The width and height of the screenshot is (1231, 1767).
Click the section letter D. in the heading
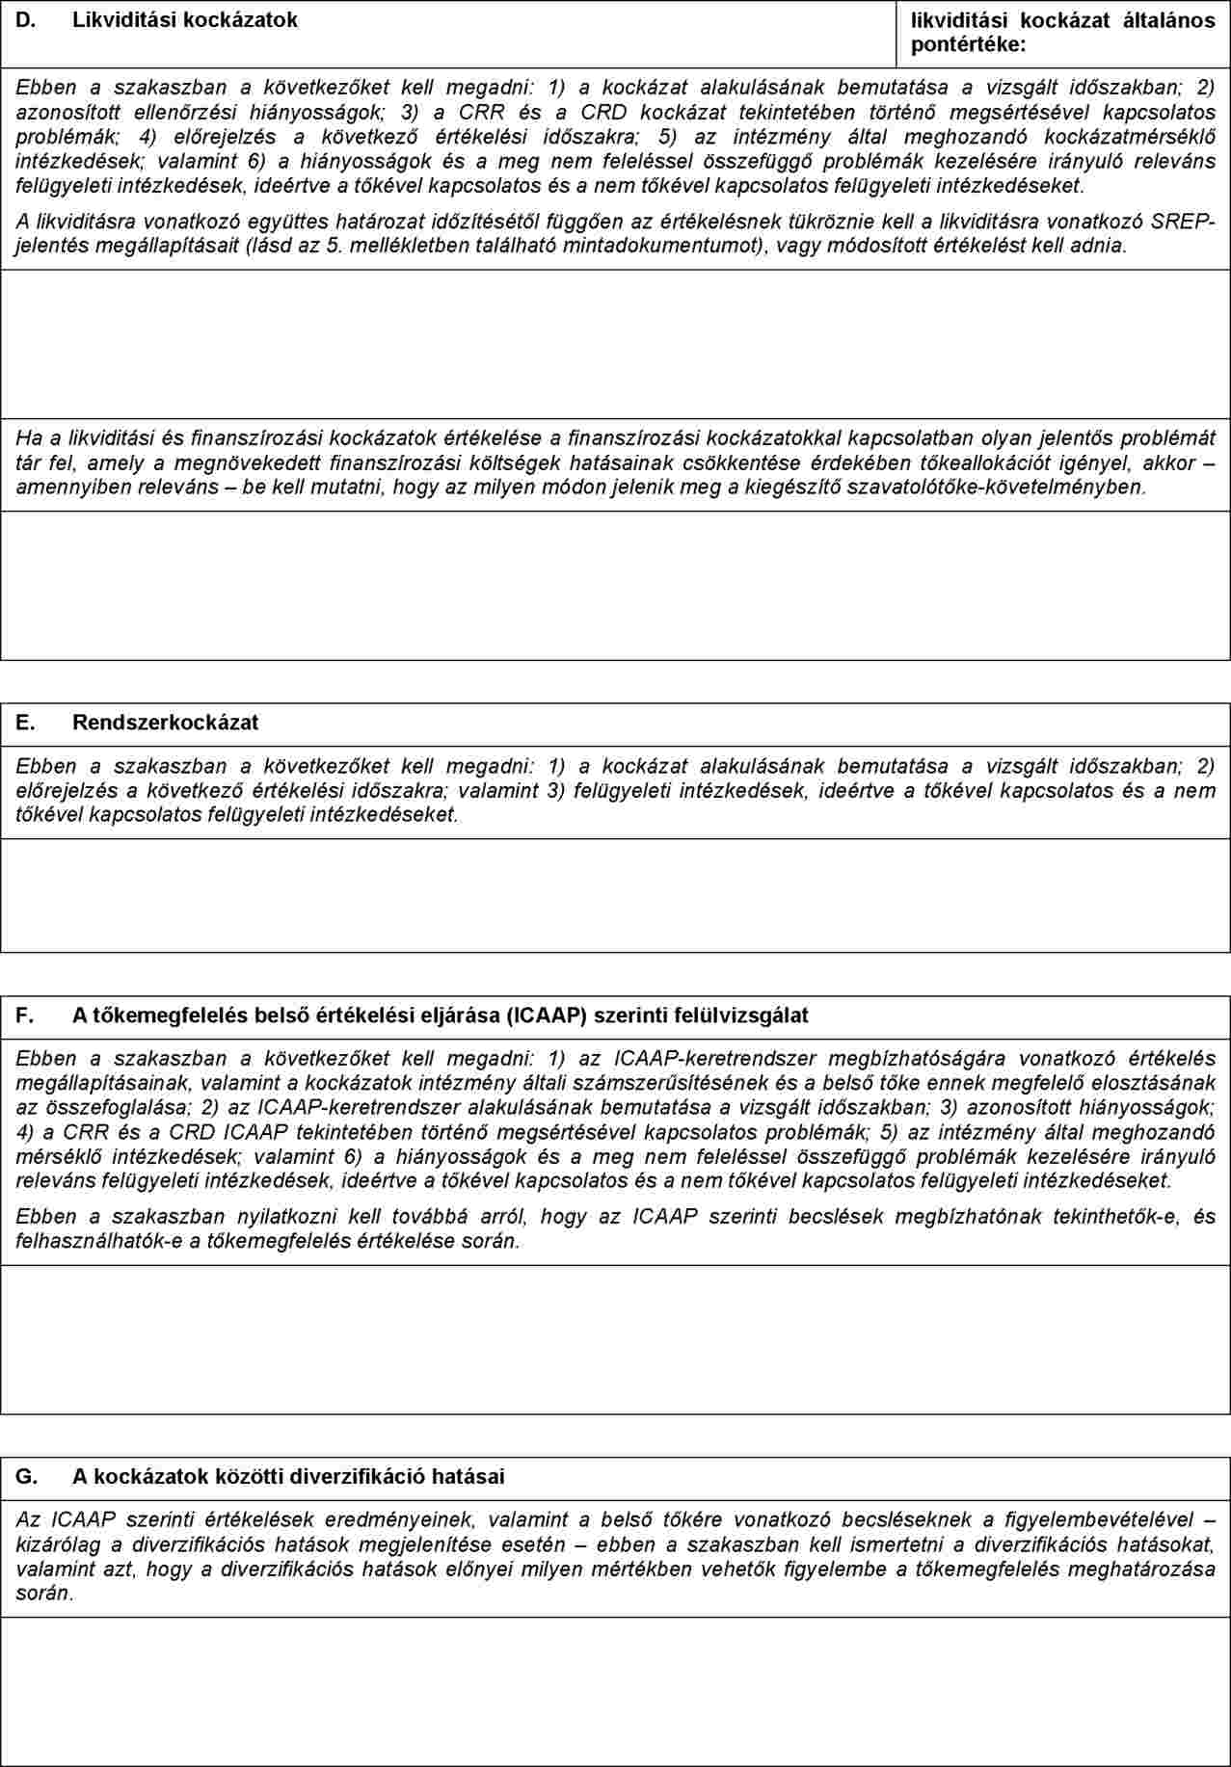(x=26, y=19)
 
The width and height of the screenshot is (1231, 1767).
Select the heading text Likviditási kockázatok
(x=185, y=19)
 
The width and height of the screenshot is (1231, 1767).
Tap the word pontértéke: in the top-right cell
(x=968, y=44)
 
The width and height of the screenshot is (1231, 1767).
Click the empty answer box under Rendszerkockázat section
(x=615, y=895)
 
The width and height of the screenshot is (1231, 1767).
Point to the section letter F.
(x=25, y=1015)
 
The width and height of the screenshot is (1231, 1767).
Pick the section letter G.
(x=27, y=1476)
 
